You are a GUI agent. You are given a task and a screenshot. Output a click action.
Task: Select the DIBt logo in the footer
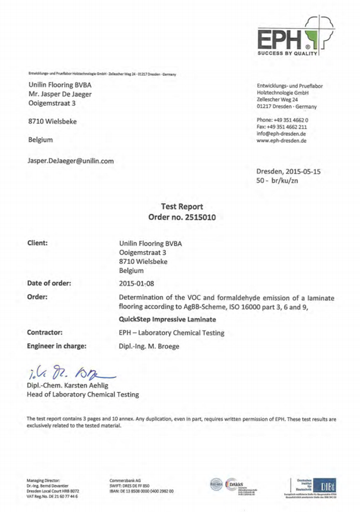pyautogui.click(x=314, y=484)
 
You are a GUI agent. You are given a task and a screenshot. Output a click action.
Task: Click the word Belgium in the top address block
pyautogui.click(x=37, y=140)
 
